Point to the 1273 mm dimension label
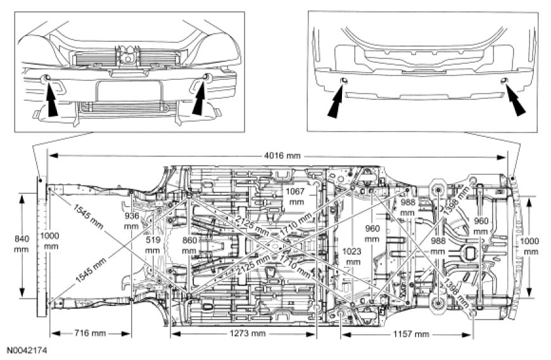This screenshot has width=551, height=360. pos(244,333)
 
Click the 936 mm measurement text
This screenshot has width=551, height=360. pos(131,221)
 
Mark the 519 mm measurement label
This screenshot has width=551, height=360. pos(152,245)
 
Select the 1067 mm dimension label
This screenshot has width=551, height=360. pos(295,196)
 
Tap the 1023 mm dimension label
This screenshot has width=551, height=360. pos(353,257)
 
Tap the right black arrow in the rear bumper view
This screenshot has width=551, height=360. pos(514,101)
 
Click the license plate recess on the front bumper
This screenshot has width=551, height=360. pos(126,91)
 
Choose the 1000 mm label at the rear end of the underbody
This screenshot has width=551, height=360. pos(531,247)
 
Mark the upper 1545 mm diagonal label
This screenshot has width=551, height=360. pos(89,217)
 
